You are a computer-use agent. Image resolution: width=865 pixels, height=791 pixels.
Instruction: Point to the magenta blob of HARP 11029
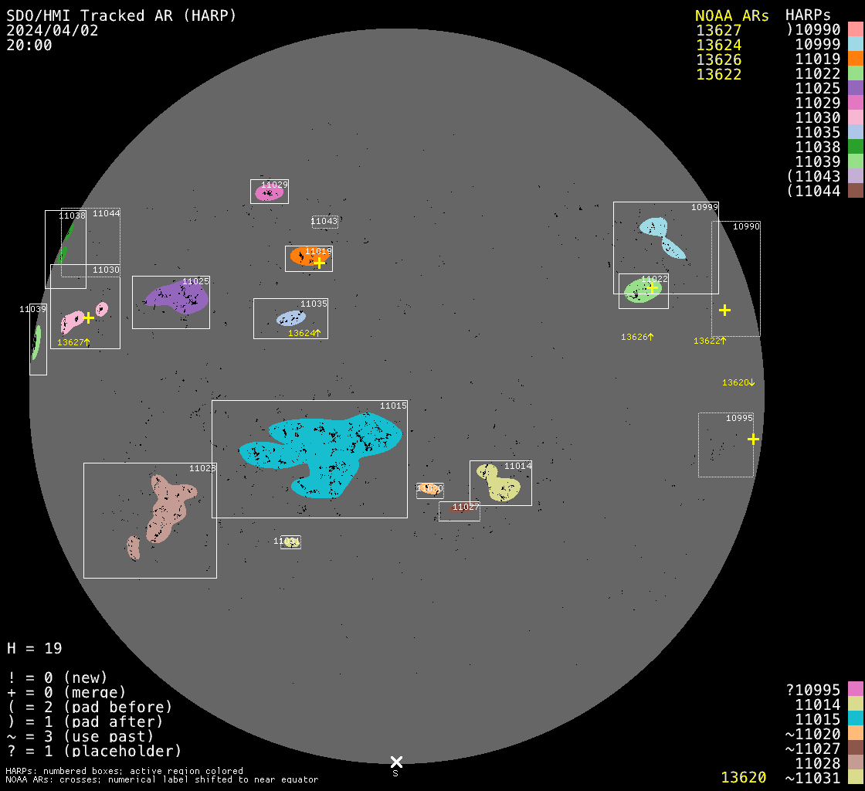(268, 193)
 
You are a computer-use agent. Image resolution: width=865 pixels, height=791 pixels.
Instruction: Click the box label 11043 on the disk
(324, 222)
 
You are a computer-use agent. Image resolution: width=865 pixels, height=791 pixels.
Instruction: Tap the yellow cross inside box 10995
(753, 439)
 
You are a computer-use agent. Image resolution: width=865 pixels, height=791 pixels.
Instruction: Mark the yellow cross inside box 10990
(724, 310)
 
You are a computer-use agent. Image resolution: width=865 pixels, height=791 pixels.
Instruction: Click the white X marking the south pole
(396, 762)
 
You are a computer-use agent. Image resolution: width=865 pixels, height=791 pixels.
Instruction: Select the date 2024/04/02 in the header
(53, 30)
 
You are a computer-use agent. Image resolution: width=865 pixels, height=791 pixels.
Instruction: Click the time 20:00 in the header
(29, 45)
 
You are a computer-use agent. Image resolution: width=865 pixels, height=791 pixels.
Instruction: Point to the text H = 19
(35, 648)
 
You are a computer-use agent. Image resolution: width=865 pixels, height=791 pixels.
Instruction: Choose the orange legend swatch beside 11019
(855, 59)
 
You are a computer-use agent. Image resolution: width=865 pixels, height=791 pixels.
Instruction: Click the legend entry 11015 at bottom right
(818, 719)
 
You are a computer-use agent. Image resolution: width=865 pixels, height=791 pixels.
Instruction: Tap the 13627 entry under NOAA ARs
(718, 31)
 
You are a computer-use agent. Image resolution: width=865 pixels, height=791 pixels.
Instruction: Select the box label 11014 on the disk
(517, 467)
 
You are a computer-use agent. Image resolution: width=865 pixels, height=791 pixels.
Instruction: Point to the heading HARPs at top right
(808, 15)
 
